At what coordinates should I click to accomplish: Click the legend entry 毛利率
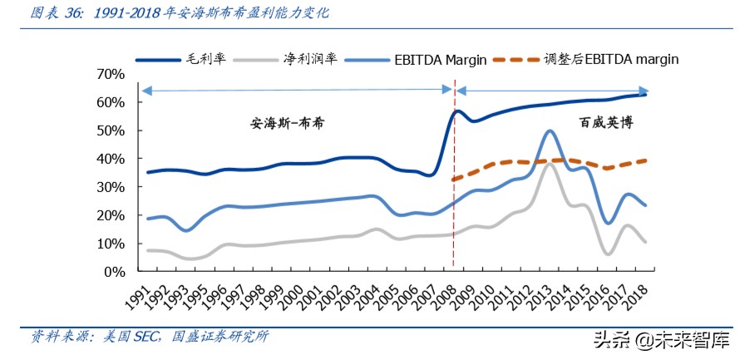tap(205, 59)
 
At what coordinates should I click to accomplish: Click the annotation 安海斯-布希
tap(288, 122)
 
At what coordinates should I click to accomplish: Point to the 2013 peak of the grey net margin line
tap(550, 165)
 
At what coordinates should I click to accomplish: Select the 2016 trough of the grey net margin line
tap(610, 254)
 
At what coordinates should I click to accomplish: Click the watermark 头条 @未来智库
tap(660, 339)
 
